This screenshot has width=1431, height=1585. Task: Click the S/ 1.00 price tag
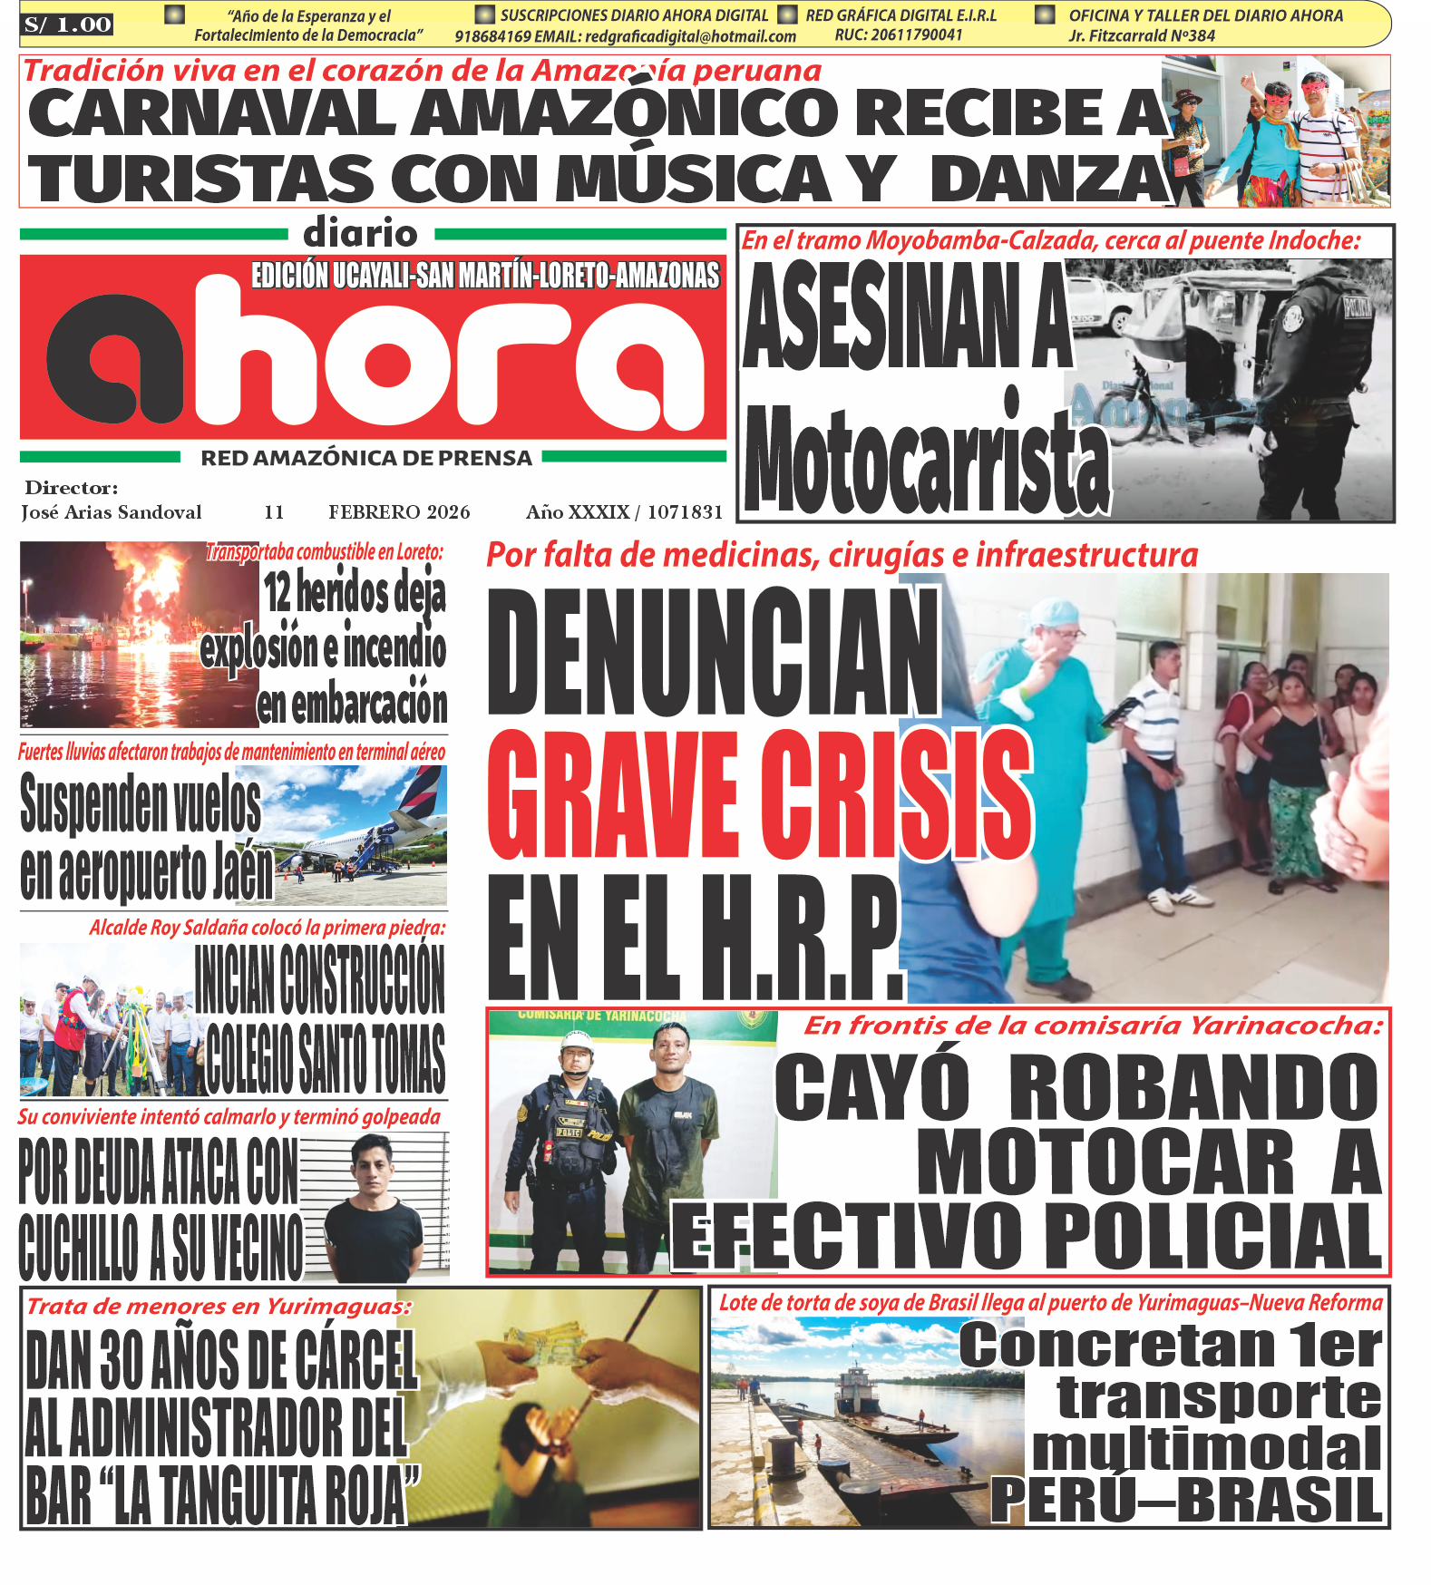point(68,25)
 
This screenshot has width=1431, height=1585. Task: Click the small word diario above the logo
point(360,234)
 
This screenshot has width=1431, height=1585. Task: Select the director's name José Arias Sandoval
point(112,512)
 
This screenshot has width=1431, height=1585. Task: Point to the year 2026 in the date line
point(448,512)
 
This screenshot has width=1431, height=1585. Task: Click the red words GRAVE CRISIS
point(760,794)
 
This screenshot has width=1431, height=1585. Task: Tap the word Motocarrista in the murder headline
point(927,461)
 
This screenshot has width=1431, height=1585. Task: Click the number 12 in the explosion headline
point(277,592)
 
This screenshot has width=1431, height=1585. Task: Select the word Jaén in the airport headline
point(241,873)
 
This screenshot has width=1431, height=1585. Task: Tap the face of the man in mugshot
point(373,1168)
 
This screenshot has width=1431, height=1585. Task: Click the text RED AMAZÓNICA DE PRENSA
point(366,458)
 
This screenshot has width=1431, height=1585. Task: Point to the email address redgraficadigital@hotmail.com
point(690,37)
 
